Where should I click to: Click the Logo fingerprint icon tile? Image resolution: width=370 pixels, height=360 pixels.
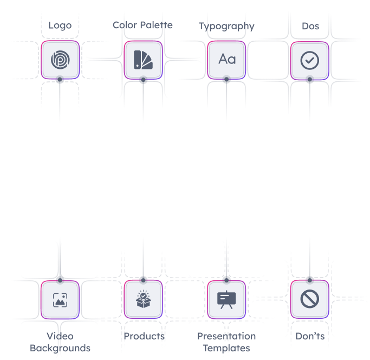tap(60, 60)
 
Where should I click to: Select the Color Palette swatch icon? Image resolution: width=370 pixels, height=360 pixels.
tap(143, 60)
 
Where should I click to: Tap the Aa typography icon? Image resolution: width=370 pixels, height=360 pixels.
tap(226, 60)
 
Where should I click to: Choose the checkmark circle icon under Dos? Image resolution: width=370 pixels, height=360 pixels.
tap(309, 60)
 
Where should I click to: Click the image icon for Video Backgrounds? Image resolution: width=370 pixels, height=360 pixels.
tap(60, 299)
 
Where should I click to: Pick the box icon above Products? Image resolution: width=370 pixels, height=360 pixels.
tap(143, 299)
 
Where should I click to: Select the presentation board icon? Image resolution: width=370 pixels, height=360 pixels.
tap(226, 299)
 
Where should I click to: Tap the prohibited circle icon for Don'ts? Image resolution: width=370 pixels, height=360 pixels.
tap(309, 299)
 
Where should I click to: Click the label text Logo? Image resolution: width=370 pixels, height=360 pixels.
tap(60, 25)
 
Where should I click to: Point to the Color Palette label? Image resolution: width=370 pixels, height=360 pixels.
tap(143, 25)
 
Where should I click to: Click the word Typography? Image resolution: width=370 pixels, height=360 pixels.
tap(226, 25)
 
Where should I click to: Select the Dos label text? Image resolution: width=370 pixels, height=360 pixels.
tap(310, 25)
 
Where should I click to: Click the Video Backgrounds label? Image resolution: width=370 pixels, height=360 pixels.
tap(60, 342)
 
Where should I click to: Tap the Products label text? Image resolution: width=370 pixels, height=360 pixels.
tap(144, 336)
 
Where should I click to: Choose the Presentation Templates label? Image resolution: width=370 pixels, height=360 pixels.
tap(226, 342)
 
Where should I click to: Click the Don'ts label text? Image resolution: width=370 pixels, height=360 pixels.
tap(310, 336)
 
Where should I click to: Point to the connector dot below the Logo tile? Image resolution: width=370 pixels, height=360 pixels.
tap(60, 80)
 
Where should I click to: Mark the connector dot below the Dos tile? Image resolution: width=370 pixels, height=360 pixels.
tap(309, 80)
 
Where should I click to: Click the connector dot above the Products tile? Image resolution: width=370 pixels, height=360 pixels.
tap(143, 280)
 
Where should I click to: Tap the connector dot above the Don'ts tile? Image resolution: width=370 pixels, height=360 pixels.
tap(309, 279)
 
